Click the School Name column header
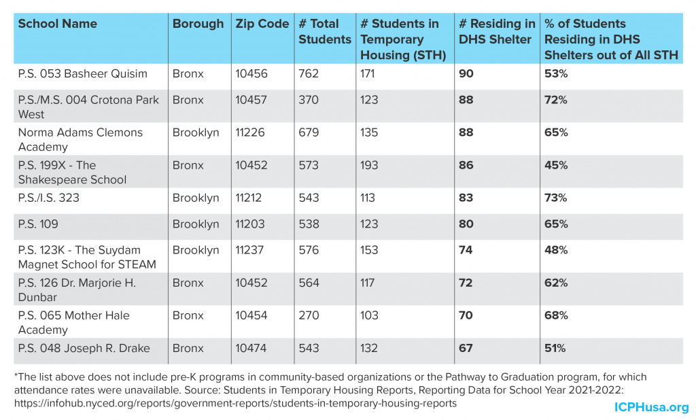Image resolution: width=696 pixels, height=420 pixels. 58,24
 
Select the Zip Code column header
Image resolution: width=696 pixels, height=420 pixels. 262,24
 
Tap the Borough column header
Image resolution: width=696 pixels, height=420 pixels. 198,24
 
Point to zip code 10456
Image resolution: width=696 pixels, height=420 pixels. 251,73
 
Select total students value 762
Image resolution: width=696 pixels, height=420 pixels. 309,73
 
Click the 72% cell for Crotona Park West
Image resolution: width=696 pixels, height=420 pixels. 556,100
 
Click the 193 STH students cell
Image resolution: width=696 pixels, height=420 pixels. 370,165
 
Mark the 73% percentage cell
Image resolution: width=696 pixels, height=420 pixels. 556,198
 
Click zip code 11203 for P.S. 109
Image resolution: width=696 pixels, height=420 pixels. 251,224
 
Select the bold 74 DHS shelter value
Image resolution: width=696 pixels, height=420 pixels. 466,250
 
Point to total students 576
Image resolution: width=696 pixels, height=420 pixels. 309,250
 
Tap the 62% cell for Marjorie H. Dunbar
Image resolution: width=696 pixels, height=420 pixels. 556,283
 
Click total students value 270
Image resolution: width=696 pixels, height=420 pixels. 309,315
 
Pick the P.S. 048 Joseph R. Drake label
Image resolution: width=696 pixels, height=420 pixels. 84,349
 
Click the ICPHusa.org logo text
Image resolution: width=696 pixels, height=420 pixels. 651,407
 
